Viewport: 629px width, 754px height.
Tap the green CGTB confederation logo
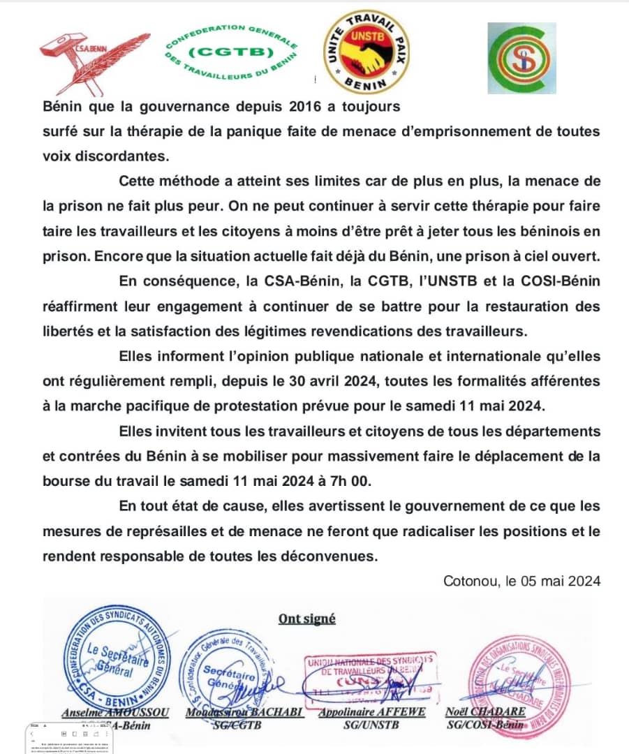[x=232, y=53]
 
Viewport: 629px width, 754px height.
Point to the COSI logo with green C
[x=517, y=58]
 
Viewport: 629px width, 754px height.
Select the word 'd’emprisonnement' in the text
[x=429, y=131]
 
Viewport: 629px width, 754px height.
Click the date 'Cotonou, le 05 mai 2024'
[x=521, y=581]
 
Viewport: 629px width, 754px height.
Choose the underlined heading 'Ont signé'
[x=307, y=618]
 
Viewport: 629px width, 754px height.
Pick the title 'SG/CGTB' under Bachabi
[x=234, y=725]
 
